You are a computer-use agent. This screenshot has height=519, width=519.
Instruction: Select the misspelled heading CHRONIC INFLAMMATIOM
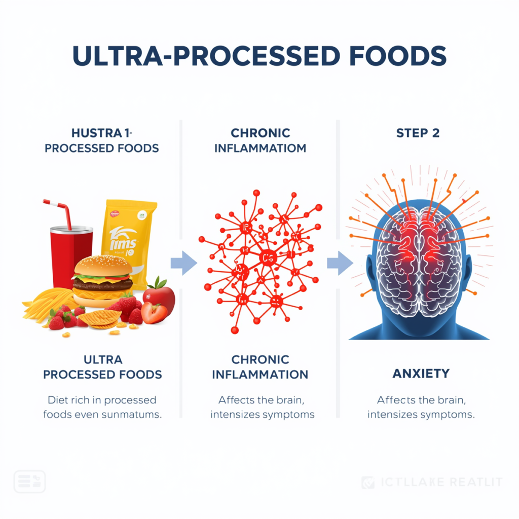pyautogui.click(x=260, y=141)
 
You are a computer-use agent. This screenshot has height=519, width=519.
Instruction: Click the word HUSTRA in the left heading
pyautogui.click(x=90, y=134)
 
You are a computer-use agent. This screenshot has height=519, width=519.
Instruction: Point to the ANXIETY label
pyautogui.click(x=421, y=374)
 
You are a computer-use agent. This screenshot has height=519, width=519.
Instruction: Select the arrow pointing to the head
pyautogui.click(x=339, y=263)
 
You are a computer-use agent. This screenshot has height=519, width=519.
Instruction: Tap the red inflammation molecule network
pyautogui.click(x=260, y=261)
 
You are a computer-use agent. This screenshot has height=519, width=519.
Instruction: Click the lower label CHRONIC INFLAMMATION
pyautogui.click(x=260, y=367)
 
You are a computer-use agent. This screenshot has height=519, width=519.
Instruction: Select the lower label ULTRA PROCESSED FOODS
pyautogui.click(x=102, y=367)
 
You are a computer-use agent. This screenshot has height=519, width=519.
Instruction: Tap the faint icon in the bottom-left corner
pyautogui.click(x=29, y=481)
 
